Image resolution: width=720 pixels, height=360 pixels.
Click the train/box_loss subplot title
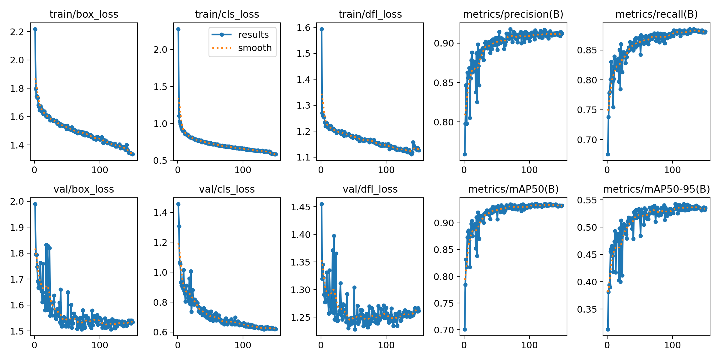point(84,14)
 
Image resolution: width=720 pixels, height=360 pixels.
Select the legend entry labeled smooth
point(255,48)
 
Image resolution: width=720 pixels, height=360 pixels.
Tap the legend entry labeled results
point(253,35)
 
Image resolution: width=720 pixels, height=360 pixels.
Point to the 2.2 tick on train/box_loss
point(17,32)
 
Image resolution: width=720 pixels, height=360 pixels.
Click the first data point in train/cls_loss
point(178,29)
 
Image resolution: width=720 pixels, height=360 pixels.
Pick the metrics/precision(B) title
point(513,14)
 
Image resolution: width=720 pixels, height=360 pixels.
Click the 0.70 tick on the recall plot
point(587,140)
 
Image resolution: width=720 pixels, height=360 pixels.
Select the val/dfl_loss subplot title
point(370,189)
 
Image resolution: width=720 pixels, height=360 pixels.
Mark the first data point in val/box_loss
point(35,204)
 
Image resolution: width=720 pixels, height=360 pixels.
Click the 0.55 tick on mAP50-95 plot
point(587,200)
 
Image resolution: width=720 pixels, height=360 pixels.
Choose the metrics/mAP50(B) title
point(513,189)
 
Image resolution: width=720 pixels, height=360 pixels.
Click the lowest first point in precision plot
point(465,154)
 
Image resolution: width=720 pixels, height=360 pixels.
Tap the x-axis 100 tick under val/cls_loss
point(243,345)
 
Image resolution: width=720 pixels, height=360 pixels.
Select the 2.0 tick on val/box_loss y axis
point(17,201)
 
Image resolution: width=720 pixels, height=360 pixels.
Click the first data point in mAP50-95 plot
point(608,329)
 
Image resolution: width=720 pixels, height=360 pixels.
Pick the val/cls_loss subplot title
point(227,189)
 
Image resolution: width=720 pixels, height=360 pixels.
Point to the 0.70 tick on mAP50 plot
point(444,330)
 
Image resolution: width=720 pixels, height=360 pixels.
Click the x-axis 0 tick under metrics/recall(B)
point(607,170)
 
